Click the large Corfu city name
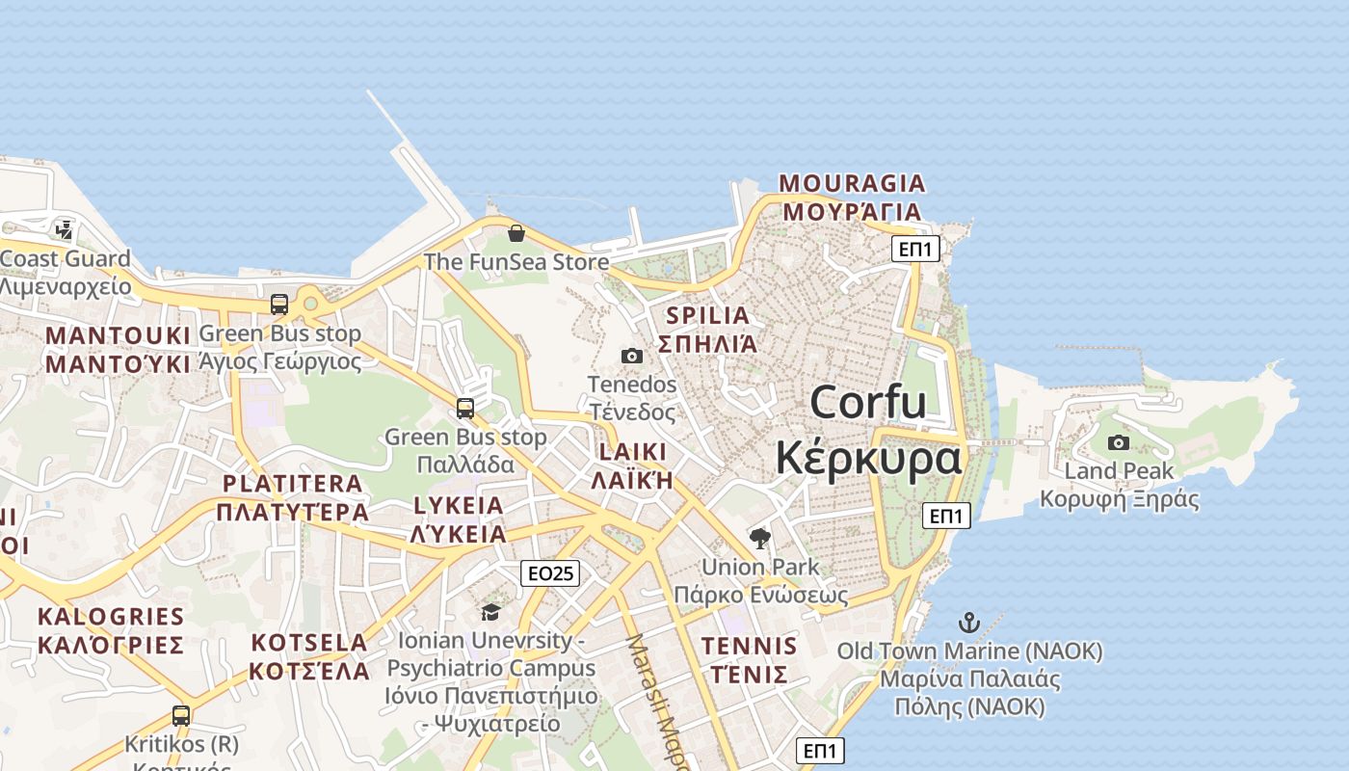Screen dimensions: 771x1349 868,402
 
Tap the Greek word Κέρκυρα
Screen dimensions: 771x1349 868,458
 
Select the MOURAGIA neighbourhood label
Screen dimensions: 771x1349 852,183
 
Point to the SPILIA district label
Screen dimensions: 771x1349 707,315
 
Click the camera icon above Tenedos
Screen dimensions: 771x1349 632,357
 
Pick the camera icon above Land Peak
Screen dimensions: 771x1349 1119,443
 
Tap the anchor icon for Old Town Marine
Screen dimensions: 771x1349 968,623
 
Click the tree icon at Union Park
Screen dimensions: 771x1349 760,538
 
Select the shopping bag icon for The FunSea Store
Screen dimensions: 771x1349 516,233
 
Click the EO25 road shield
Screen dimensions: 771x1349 551,573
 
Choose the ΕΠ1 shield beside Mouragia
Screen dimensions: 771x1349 914,249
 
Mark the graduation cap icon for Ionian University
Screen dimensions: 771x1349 490,613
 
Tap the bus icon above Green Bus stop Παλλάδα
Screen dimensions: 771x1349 465,409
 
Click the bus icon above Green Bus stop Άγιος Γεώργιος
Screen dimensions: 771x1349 279,305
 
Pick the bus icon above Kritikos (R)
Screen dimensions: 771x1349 181,716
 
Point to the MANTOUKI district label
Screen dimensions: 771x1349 119,335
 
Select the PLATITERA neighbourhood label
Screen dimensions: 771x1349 293,484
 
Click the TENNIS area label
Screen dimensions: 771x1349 749,646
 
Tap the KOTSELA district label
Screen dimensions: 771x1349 309,643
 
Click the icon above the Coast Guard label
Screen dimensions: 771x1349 65,230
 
